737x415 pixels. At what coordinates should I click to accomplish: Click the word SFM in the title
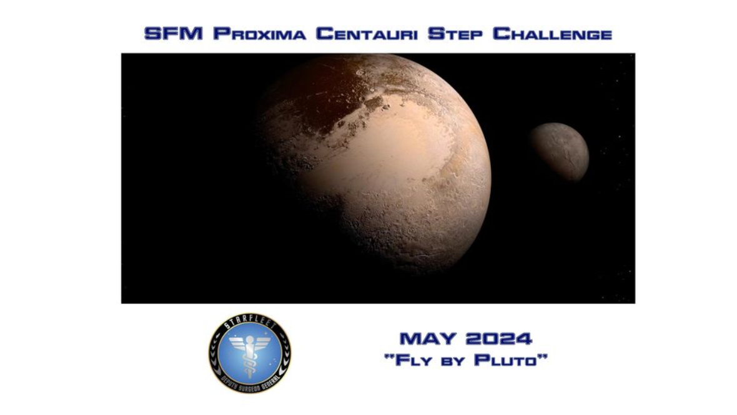click(x=174, y=34)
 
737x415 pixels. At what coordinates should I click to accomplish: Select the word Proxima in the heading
click(x=259, y=34)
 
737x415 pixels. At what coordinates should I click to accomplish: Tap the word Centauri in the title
click(x=367, y=34)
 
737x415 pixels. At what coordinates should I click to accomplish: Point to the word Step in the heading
click(x=455, y=34)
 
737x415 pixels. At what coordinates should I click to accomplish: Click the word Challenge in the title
click(x=552, y=34)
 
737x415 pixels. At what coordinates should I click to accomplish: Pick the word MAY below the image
click(x=428, y=338)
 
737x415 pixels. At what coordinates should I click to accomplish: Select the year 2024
click(x=498, y=338)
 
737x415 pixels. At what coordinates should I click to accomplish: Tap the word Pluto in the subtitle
click(x=510, y=360)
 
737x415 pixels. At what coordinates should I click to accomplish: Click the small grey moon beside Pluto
click(x=559, y=151)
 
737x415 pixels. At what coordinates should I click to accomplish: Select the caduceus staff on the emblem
click(x=250, y=357)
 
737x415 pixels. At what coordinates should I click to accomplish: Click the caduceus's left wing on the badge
click(x=237, y=343)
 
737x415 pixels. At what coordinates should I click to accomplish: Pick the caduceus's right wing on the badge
click(x=262, y=343)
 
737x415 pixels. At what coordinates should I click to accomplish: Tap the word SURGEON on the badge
click(x=249, y=387)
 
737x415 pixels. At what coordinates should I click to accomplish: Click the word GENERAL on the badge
click(x=271, y=381)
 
